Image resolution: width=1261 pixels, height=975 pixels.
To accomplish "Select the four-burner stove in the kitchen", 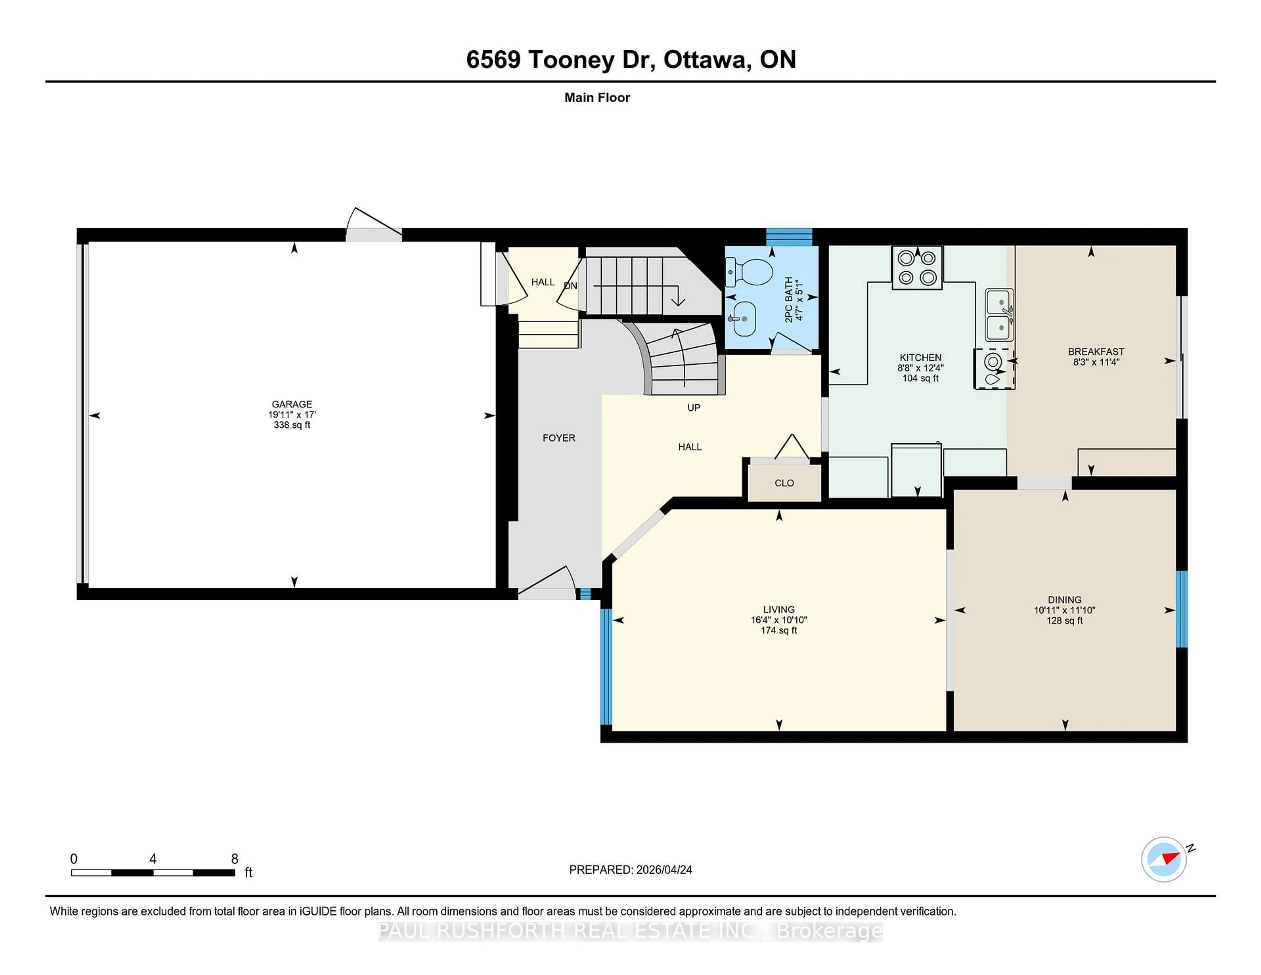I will pos(917,267).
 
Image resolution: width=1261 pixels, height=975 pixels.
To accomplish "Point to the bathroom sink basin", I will pos(744,318).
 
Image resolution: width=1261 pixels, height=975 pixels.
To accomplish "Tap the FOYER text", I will pos(558,438).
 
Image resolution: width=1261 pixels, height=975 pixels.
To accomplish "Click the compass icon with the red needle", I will pos(1163,859).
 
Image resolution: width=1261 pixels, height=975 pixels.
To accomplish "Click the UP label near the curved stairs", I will pos(694,408).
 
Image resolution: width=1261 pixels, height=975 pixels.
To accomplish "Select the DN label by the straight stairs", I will pos(570,286).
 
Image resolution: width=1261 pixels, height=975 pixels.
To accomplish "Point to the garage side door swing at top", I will pos(372,222).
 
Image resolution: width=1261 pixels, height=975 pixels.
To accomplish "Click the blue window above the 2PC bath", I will pos(789,237).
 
